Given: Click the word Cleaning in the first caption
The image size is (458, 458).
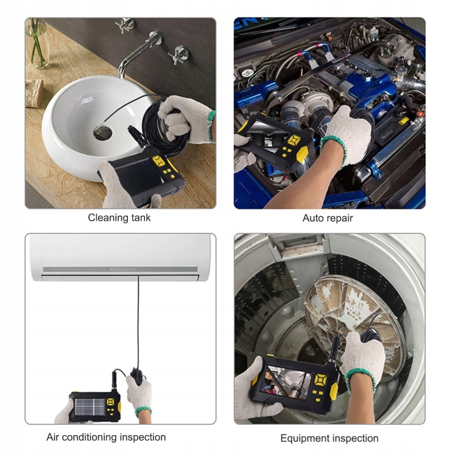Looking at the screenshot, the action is [108, 218].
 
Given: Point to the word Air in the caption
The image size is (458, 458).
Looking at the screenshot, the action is [53, 437].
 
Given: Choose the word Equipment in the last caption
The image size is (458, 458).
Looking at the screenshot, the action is [305, 438].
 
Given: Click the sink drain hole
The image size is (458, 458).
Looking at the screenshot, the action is [103, 132].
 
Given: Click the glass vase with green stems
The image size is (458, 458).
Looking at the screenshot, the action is [38, 43].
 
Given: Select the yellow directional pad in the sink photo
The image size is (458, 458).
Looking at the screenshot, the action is [159, 161].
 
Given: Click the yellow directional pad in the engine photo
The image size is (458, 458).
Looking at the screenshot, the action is [293, 141].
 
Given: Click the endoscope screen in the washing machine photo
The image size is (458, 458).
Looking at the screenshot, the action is [288, 382].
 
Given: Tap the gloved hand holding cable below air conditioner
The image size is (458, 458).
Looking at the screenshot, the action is [139, 394].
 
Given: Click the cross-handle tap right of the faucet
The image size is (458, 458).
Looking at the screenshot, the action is [179, 54].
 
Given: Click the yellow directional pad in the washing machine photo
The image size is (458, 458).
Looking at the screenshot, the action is [320, 380].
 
